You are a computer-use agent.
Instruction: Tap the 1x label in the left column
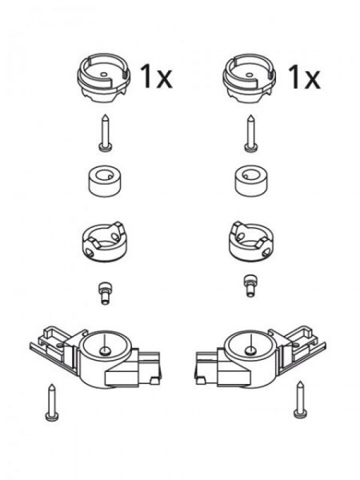tap(156, 77)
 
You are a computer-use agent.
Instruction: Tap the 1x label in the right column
tap(304, 77)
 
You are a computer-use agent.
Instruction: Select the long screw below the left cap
tap(105, 133)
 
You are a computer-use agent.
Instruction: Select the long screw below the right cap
tap(250, 133)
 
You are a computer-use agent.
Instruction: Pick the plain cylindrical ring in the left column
tap(104, 181)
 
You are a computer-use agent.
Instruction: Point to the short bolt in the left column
tap(104, 293)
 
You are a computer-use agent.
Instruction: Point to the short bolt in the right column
tap(250, 286)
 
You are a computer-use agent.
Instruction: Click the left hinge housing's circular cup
tap(105, 347)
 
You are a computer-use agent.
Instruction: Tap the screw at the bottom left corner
tap(52, 403)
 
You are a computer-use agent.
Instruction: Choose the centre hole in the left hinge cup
tap(105, 350)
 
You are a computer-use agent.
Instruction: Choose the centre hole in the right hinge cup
tap(251, 350)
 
